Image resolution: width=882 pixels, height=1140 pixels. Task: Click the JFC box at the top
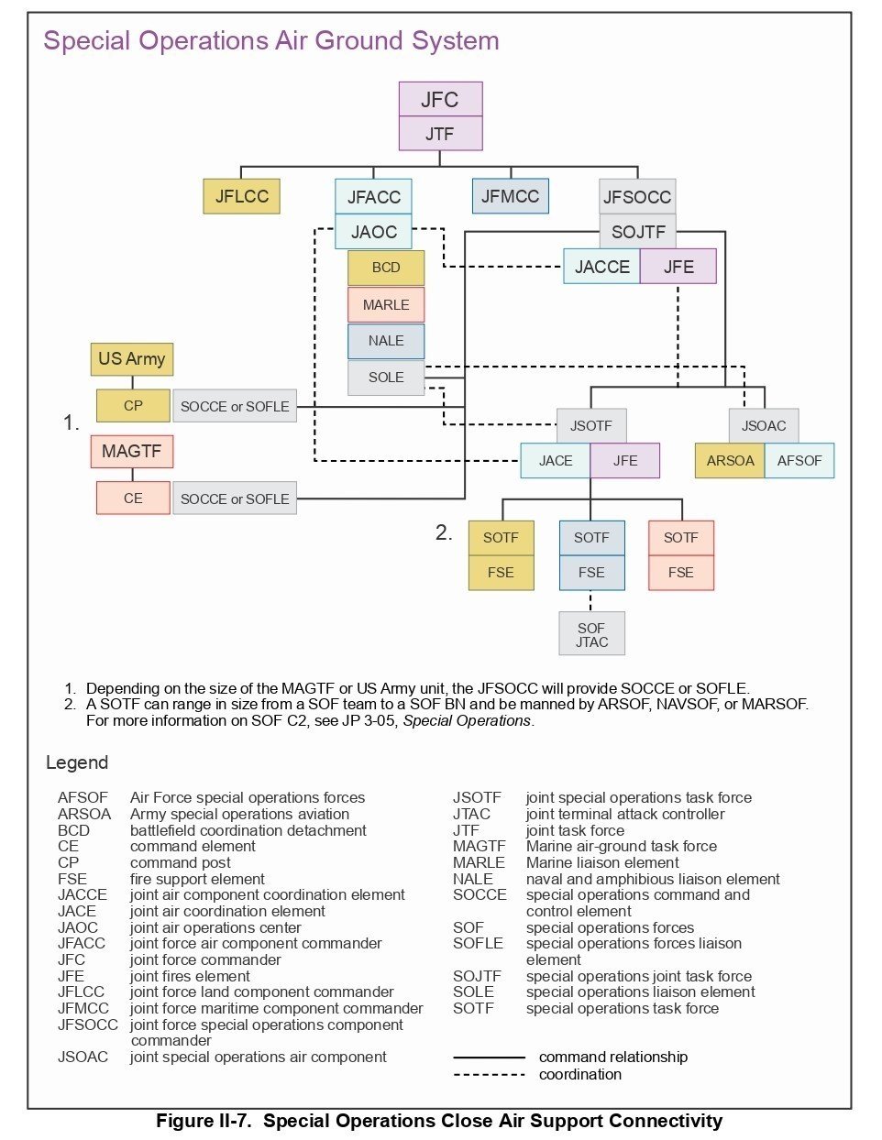point(440,99)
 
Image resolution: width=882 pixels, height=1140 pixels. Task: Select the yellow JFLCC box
point(242,196)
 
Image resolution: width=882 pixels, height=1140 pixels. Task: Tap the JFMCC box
point(511,196)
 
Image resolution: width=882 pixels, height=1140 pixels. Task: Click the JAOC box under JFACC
point(373,232)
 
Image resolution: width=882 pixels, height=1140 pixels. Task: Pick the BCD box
point(386,268)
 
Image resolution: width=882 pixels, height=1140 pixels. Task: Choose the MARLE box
point(386,304)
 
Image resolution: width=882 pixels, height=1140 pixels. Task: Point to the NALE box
point(386,341)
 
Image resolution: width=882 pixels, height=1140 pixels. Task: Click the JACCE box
point(601,267)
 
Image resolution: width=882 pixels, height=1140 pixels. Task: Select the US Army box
point(132,358)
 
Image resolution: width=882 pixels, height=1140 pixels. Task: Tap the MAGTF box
point(132,451)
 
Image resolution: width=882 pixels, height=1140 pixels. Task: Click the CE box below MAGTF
point(133,498)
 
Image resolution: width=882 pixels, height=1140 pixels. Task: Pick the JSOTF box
point(591,425)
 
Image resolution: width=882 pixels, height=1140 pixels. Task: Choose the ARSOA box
point(730,460)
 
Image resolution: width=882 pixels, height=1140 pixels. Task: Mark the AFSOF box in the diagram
point(799,460)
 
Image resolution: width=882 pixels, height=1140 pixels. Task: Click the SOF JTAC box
point(591,634)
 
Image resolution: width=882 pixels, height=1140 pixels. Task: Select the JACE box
point(556,460)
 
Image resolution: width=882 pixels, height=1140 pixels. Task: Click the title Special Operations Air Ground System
point(271,41)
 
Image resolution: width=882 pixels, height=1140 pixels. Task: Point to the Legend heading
point(77,762)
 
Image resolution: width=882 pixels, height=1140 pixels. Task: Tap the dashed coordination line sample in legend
point(489,1074)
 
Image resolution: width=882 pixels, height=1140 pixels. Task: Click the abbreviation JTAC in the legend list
point(471,814)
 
